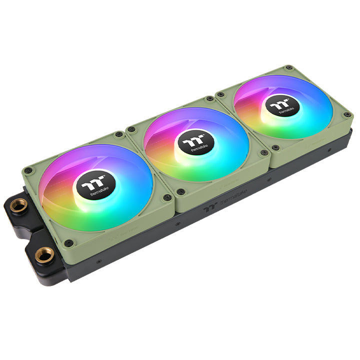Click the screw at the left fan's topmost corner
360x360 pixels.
pyautogui.click(x=118, y=134)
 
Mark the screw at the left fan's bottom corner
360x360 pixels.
pyautogui.click(x=69, y=243)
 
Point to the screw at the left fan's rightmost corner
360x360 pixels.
pyautogui.click(x=168, y=197)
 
